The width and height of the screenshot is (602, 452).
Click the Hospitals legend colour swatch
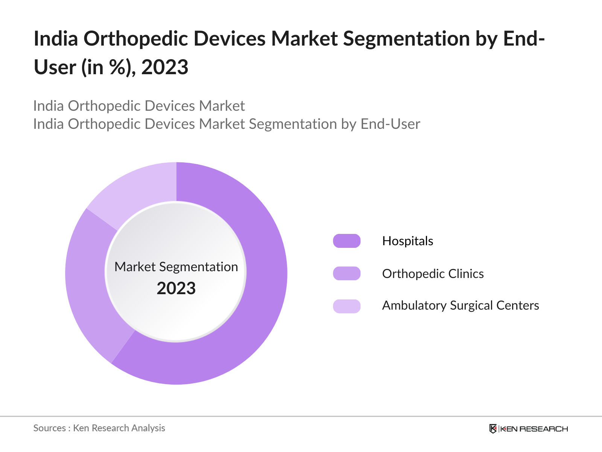(347, 241)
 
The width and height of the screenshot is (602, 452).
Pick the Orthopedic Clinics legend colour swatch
(347, 273)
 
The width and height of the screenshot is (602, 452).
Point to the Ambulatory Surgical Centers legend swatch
(347, 306)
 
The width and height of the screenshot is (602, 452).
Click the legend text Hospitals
(407, 241)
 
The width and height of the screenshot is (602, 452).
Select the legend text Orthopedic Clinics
(433, 274)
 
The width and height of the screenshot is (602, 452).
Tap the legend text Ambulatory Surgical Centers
(460, 305)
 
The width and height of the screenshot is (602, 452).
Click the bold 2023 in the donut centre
(176, 289)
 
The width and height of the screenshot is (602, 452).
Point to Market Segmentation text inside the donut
(176, 267)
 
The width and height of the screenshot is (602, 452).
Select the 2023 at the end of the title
(165, 67)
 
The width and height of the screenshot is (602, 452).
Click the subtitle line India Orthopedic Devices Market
(139, 106)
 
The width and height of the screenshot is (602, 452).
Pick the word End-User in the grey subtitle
(390, 124)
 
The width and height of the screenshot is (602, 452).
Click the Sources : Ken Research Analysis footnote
(99, 428)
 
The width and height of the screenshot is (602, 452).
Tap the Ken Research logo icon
(493, 429)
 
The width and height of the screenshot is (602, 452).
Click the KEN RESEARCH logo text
(534, 429)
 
